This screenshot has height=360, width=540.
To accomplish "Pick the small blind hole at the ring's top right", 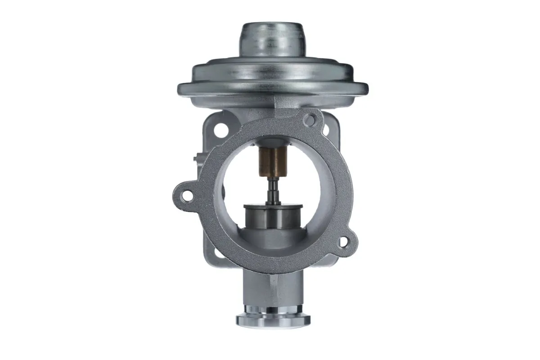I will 309,120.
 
